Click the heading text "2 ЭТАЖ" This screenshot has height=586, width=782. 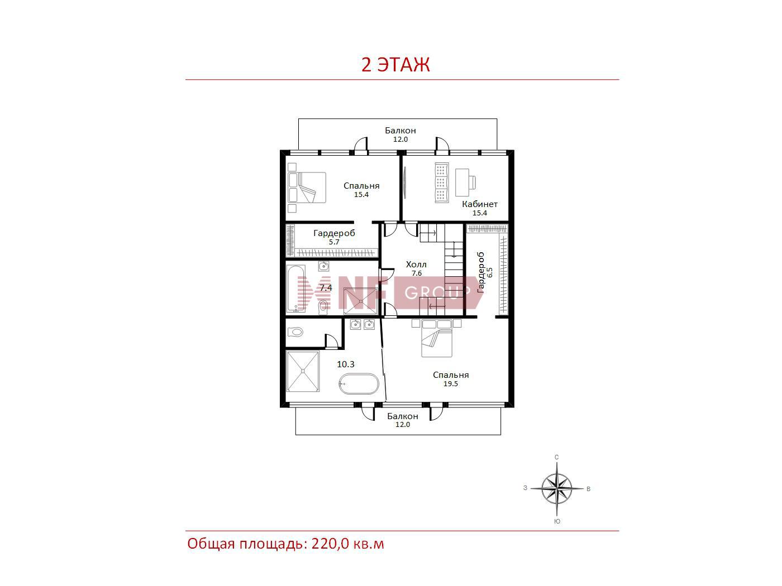click(395, 65)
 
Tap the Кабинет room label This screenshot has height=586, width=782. click(479, 204)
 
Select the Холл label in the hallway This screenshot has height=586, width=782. click(416, 265)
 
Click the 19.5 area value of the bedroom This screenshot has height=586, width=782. click(451, 383)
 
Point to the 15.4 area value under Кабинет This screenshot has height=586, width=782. click(479, 213)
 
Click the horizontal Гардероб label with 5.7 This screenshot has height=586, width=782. click(334, 233)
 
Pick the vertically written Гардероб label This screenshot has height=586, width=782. click(481, 272)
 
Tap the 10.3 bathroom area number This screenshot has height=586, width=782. click(346, 364)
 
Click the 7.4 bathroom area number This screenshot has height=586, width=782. click(326, 287)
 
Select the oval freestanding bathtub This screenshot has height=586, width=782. click(359, 383)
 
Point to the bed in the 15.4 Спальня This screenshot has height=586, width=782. click(307, 188)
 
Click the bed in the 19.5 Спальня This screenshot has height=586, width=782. click(437, 338)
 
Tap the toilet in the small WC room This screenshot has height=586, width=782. click(295, 332)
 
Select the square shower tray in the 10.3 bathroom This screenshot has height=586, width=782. click(303, 372)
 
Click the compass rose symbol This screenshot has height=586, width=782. click(557, 488)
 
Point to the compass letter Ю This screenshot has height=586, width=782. click(557, 521)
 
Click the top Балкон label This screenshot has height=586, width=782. click(400, 131)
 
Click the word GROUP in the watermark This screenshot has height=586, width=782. click(437, 292)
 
